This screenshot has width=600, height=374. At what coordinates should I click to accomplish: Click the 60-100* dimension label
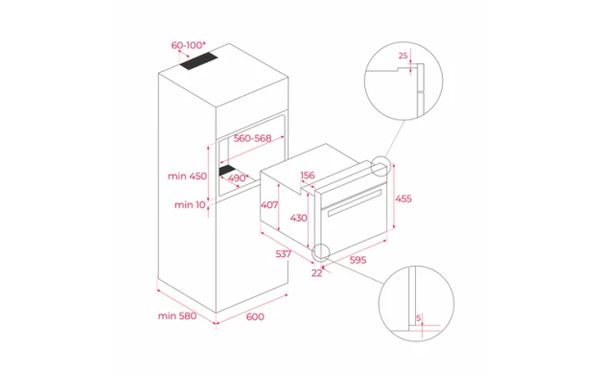tap(188, 46)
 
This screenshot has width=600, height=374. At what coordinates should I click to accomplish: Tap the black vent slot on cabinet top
tap(198, 61)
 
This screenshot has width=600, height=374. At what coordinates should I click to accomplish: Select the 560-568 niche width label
tap(252, 138)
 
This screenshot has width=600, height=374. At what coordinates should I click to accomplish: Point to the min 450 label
tap(187, 176)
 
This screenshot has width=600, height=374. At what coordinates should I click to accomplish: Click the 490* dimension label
tap(238, 178)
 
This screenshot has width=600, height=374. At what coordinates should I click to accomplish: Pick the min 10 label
tap(190, 205)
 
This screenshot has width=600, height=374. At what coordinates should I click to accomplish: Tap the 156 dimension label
tap(308, 175)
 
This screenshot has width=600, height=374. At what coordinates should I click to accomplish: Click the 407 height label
tap(269, 205)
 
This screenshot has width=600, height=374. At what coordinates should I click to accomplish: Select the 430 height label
tap(298, 218)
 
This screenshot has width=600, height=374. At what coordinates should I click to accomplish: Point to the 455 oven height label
tap(404, 199)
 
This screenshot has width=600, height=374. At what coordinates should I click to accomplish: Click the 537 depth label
tap(284, 254)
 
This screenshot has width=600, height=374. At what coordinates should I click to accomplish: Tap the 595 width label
tap(358, 260)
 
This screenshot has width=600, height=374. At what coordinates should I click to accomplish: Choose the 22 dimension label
tap(316, 273)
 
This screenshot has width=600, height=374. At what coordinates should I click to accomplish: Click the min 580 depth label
tap(177, 316)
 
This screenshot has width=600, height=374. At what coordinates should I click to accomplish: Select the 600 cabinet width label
tap(255, 316)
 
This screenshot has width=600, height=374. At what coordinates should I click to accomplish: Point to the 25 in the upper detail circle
tap(403, 56)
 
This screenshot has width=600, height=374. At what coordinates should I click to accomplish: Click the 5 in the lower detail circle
tap(418, 317)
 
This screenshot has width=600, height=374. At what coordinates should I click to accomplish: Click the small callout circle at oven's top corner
tap(381, 166)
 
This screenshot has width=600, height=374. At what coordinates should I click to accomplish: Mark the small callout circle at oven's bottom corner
tap(321, 252)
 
